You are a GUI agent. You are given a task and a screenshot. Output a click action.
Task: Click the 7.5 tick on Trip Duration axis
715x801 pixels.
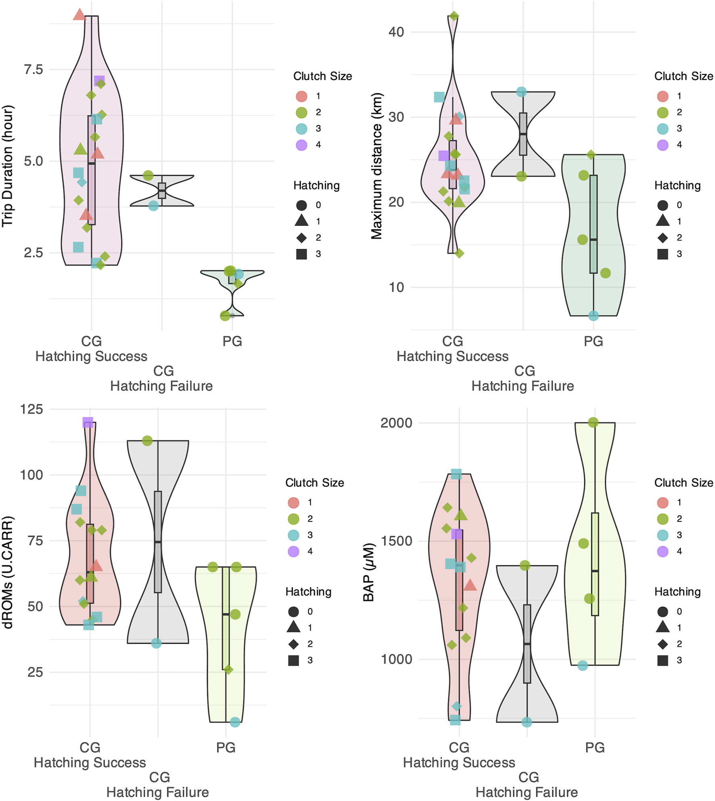(33, 70)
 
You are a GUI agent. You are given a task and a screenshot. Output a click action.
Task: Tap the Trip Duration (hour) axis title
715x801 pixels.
(8, 166)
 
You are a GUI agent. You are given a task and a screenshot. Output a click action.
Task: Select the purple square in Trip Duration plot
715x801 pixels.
(99, 81)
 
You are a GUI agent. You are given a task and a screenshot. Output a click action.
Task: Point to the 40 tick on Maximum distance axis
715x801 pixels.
(396, 32)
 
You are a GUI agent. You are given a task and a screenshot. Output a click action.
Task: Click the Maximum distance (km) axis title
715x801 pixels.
(376, 166)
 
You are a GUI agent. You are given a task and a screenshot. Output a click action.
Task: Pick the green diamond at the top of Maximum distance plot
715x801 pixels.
(454, 17)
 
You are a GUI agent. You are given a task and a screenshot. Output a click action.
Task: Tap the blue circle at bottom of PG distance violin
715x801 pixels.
(593, 316)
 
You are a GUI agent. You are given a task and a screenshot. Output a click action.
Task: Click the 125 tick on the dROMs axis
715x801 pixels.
(31, 409)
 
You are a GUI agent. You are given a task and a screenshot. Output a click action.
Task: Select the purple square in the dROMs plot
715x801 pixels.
(88, 422)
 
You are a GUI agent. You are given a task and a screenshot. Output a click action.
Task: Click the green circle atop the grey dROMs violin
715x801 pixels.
(147, 441)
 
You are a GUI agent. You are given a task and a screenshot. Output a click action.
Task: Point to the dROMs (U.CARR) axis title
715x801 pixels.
(8, 572)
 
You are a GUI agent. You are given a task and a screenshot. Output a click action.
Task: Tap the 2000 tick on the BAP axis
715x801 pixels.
(396, 423)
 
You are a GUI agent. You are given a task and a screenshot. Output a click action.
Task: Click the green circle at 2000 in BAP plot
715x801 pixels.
(593, 422)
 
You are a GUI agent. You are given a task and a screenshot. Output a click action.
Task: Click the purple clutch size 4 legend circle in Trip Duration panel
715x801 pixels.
(301, 145)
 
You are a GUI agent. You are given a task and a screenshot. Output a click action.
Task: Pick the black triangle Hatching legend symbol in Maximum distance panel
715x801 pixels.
(663, 221)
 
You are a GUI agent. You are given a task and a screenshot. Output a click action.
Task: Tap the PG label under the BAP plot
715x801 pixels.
(595, 748)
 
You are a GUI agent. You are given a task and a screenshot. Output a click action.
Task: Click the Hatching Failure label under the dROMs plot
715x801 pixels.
(157, 792)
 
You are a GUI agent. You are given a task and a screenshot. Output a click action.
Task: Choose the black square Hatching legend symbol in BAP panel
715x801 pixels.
(663, 660)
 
